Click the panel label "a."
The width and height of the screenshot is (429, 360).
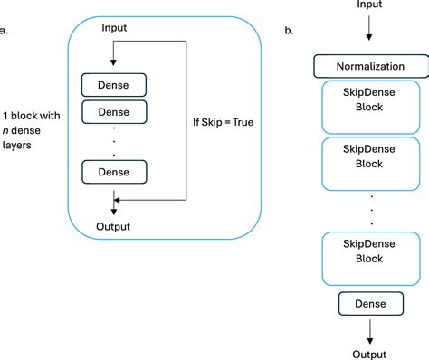(x=5, y=30)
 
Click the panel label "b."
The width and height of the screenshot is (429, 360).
(x=289, y=31)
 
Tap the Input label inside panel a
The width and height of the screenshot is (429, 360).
(x=114, y=28)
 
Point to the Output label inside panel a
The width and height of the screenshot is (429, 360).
(x=113, y=226)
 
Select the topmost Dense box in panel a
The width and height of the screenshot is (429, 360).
(x=114, y=86)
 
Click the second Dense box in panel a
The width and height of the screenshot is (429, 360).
(x=114, y=112)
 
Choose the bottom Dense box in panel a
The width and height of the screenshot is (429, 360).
(x=114, y=170)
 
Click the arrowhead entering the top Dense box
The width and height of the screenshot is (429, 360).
(x=113, y=63)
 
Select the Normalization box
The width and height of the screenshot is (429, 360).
(x=371, y=67)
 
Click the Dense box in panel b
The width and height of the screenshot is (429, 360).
(x=371, y=303)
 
